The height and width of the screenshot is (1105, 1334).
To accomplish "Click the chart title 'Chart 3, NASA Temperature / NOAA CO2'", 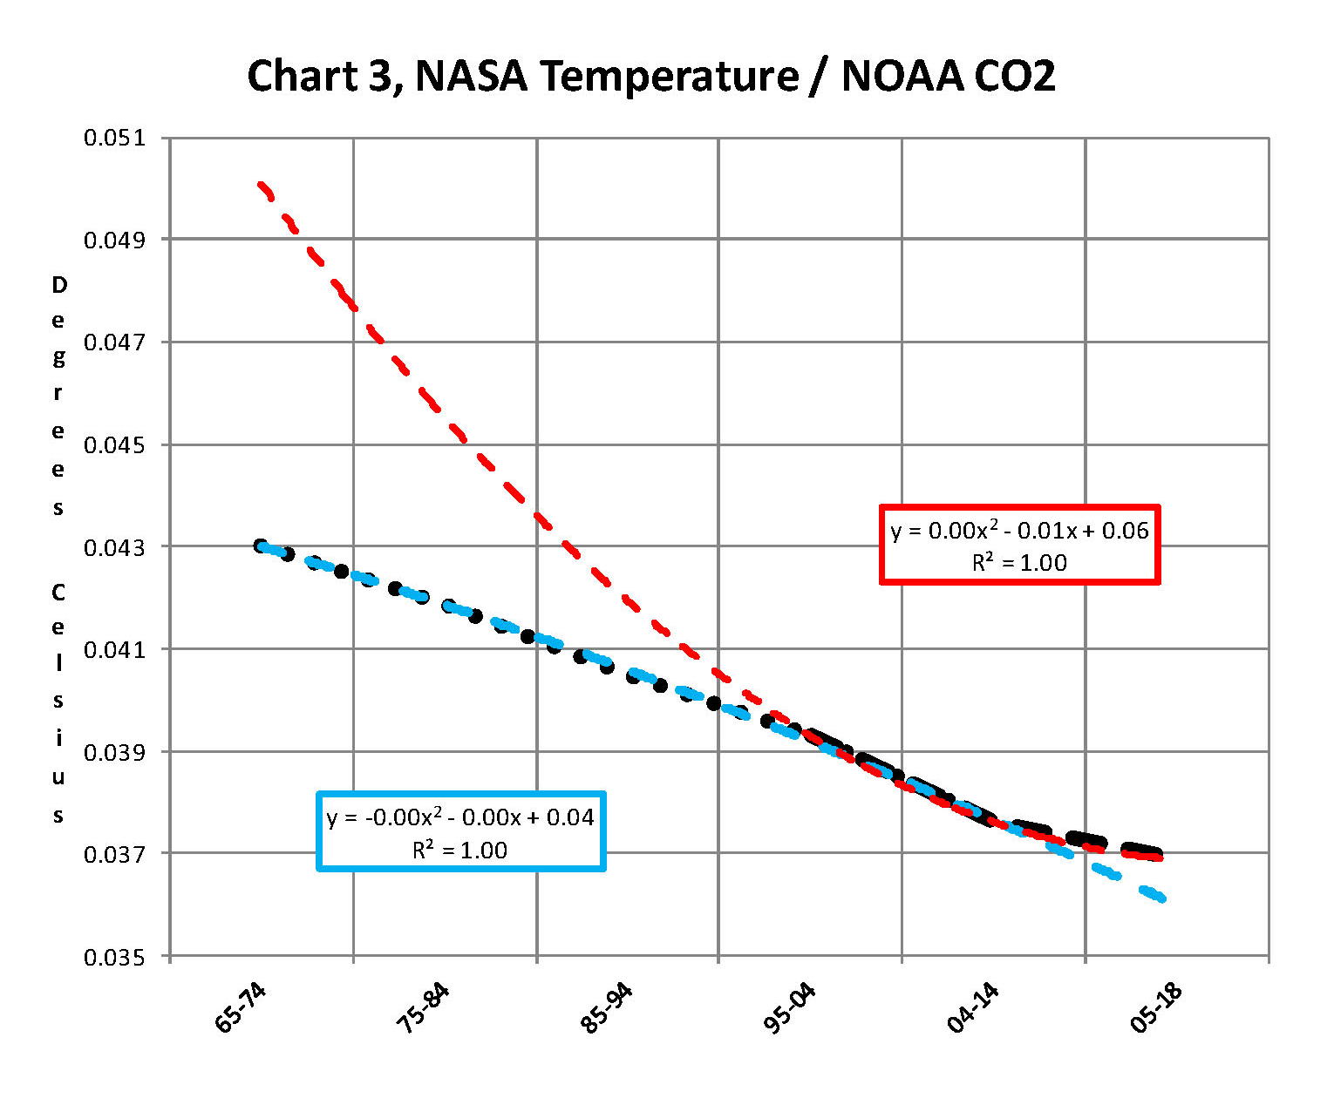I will [x=650, y=76].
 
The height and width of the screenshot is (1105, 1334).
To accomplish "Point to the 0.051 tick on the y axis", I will [x=114, y=138].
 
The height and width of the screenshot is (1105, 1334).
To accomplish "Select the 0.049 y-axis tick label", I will [x=114, y=240].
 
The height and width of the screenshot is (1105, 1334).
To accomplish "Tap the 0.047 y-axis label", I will [x=114, y=342].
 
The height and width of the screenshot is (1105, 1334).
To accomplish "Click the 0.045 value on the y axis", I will [x=114, y=444].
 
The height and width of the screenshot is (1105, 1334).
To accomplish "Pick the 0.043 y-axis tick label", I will [x=114, y=547].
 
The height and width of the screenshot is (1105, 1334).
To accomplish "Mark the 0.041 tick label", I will [x=114, y=649].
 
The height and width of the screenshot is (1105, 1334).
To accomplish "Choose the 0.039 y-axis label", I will [x=114, y=752].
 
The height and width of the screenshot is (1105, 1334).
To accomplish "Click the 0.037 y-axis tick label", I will [x=114, y=854].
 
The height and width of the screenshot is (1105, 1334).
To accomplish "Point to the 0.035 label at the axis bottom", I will [x=114, y=957].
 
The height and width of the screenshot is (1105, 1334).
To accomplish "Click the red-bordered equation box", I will [x=1019, y=545].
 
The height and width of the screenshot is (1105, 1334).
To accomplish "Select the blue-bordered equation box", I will [x=460, y=831].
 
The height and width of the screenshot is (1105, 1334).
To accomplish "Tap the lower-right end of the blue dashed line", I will [x=1162, y=898].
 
